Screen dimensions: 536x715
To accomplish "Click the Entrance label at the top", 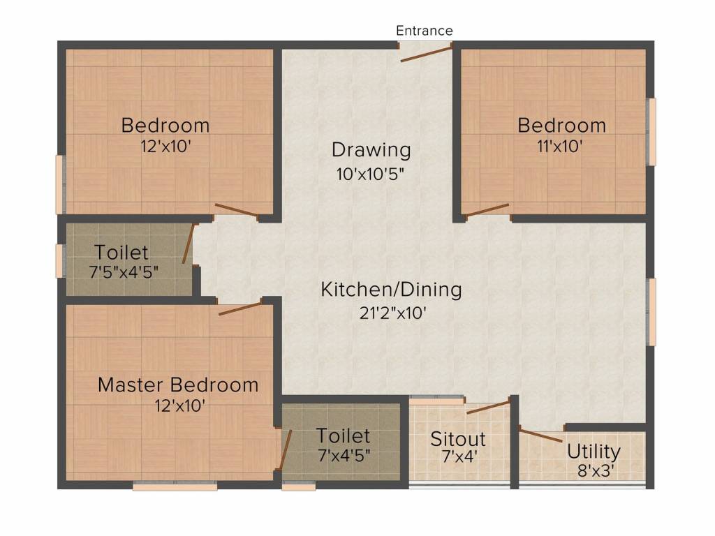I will coord(425,31).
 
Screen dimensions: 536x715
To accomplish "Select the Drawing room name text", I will coord(371,150).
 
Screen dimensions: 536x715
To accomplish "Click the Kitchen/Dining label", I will coord(391,290).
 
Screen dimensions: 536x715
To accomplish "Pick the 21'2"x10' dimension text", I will coord(391,313).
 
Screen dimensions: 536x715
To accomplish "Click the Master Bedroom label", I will coord(178,385).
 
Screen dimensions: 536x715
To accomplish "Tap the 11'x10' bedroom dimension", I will coord(561,147).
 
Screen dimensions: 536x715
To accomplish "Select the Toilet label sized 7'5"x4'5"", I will coord(121,252).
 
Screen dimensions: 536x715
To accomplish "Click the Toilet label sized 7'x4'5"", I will coord(343,436).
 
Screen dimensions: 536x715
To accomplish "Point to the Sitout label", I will coord(457,439).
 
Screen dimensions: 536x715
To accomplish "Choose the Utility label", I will coord(594,450).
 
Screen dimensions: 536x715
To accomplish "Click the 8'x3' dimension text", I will coord(594,470).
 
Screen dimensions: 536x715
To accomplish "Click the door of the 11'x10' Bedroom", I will coord(487,209).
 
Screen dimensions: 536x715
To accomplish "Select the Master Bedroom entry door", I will coord(239,308).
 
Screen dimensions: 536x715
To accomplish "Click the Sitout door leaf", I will coord(488,407).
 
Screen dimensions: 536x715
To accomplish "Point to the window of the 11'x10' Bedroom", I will coord(652,131).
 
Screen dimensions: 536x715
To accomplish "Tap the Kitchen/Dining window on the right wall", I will coord(652,311).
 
